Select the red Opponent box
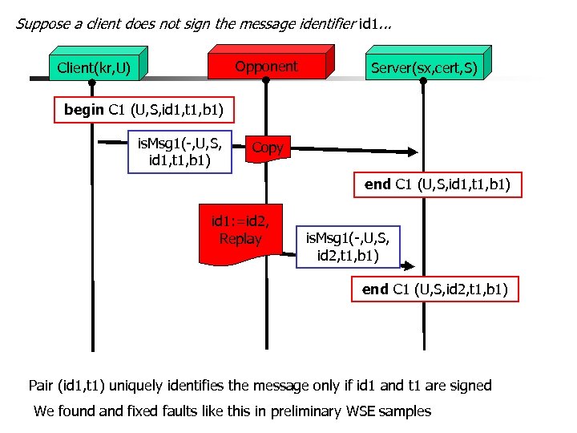click(266, 67)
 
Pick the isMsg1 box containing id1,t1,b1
click(180, 152)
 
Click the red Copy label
click(267, 148)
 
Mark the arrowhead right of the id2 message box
click(409, 265)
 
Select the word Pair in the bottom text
click(41, 386)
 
